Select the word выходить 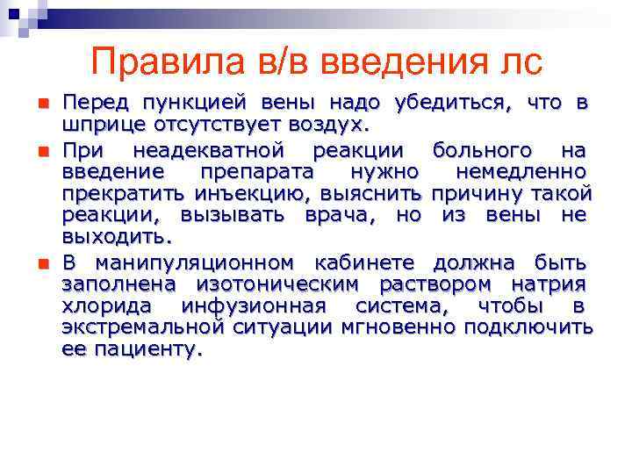117,237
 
